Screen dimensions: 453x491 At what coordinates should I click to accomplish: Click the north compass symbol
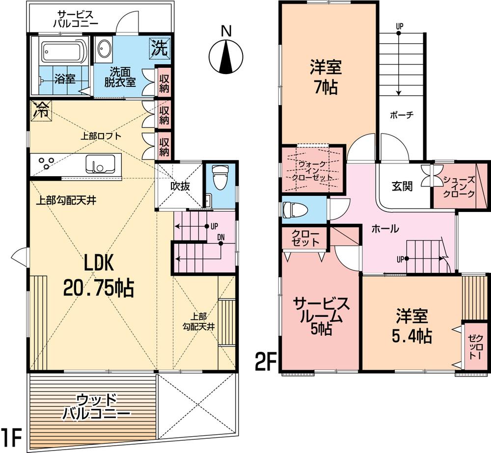225,56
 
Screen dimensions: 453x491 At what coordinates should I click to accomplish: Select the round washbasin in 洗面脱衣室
105,49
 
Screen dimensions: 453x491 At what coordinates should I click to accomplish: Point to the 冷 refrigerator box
40,110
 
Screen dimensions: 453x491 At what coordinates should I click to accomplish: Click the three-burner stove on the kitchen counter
47,163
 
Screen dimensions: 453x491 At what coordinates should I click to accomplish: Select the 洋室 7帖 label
325,77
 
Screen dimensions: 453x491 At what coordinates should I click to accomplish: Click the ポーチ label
402,115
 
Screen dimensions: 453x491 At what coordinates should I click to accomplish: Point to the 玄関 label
402,186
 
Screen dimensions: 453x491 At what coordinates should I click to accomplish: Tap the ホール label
384,229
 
